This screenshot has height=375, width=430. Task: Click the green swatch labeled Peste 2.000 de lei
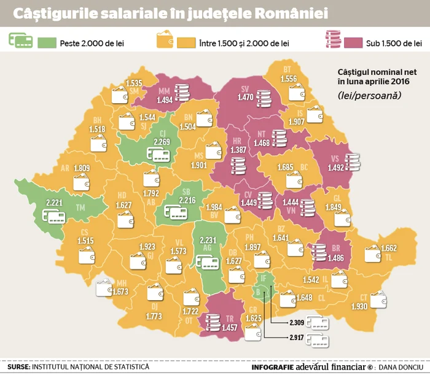(47, 42)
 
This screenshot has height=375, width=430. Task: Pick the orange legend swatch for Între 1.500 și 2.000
(185, 42)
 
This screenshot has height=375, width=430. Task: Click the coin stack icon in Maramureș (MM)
(182, 91)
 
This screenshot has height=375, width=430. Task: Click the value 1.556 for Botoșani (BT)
(288, 79)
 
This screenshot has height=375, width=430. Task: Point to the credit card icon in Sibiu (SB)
(176, 212)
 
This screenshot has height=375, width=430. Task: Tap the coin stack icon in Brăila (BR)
(318, 250)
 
